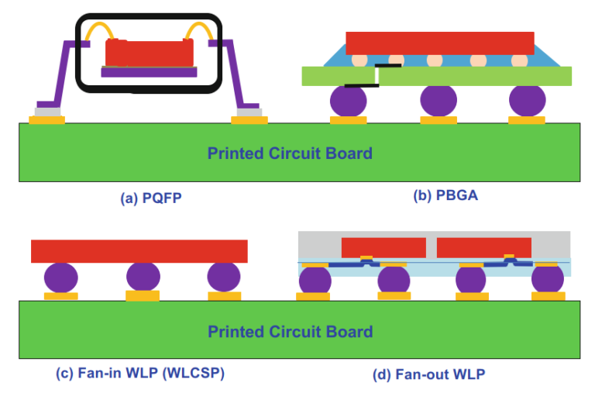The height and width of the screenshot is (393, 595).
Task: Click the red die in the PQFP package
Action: (x=149, y=53)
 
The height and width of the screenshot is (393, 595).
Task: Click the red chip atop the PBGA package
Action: (x=439, y=43)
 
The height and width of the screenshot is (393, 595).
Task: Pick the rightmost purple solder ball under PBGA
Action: (x=528, y=100)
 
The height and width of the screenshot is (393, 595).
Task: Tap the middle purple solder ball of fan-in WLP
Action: (x=143, y=277)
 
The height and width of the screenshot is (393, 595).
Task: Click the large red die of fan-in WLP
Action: (x=139, y=251)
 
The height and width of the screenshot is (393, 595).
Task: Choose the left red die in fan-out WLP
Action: (x=383, y=247)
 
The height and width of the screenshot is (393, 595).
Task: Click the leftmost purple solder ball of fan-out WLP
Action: (x=315, y=281)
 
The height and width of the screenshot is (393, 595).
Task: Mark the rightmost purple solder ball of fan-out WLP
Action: (x=548, y=281)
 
